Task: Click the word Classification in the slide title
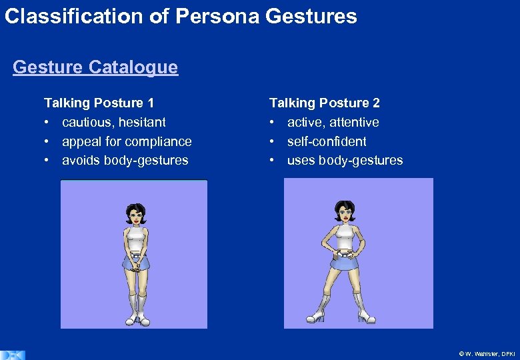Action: tap(75, 15)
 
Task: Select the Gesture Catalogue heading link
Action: tap(95, 67)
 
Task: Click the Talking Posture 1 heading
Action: tap(99, 103)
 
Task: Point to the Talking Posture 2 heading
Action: tap(325, 103)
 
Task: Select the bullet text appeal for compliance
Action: tap(127, 141)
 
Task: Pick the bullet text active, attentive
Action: tap(333, 122)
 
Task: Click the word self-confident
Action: tap(327, 141)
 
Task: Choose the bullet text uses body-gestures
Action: tap(345, 160)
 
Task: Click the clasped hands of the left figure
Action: tap(136, 263)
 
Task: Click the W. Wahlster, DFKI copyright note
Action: tap(487, 353)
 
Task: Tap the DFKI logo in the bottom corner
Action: tap(12, 354)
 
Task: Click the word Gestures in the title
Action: tap(311, 15)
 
